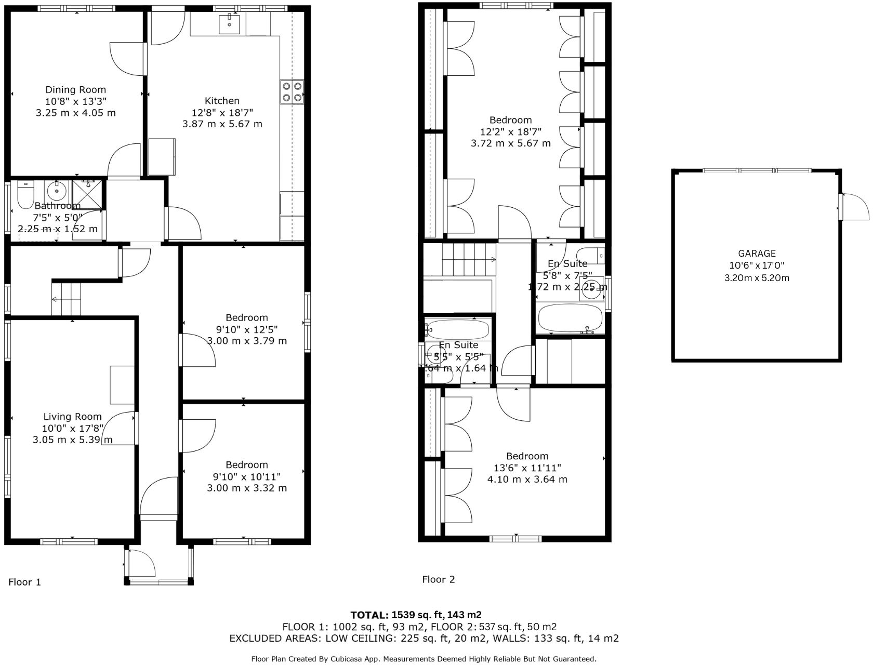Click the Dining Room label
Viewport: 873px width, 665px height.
click(75, 90)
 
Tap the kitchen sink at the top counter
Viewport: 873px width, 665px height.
click(229, 23)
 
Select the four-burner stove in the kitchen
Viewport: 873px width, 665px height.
click(292, 91)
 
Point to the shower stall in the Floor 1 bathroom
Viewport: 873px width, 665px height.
click(88, 191)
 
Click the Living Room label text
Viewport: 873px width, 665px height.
click(72, 417)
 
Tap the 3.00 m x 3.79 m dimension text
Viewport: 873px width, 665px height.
click(247, 341)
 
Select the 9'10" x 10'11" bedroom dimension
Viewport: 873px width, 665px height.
click(247, 476)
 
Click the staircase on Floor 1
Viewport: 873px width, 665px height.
click(67, 299)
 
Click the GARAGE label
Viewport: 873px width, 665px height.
click(757, 254)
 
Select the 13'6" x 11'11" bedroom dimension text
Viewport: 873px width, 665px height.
click(527, 468)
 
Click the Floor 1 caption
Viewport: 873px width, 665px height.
click(24, 582)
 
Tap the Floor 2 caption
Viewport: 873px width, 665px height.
click(438, 579)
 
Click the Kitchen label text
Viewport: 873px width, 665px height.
click(222, 101)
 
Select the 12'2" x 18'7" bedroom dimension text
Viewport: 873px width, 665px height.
click(510, 131)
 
